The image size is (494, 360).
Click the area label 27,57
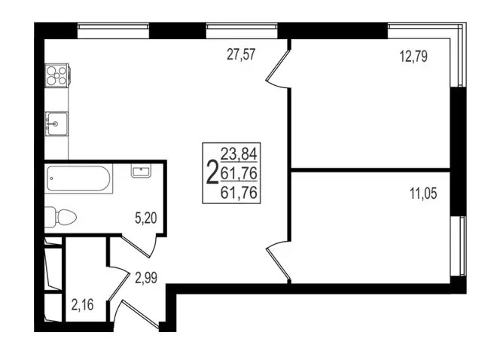point(241,54)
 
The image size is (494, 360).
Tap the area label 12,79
point(413,56)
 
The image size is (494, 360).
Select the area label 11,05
point(423,194)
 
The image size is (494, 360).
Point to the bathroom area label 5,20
point(146,218)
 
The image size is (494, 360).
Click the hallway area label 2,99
point(146,278)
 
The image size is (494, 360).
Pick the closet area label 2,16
point(83,305)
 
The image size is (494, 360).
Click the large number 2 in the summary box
point(212,172)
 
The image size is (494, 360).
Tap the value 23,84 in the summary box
point(239,154)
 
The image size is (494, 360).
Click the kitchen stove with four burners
point(57,75)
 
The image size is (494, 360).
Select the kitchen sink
point(56,124)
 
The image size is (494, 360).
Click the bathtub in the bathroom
point(79,178)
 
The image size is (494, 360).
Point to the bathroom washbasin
point(141,171)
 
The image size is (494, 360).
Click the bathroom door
point(140,246)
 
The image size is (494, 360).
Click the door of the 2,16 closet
point(119,283)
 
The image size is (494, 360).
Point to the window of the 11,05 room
point(458,246)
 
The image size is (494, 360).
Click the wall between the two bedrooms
point(370,169)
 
